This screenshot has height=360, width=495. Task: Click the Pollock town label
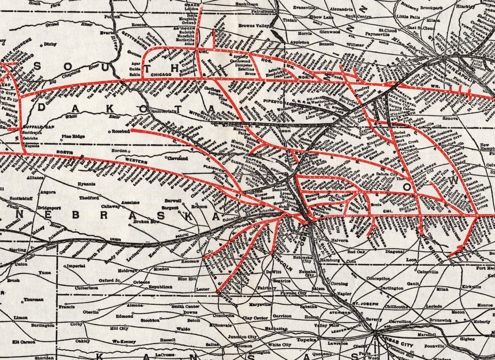coord(112,17)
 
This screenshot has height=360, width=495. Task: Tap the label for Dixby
coord(50,45)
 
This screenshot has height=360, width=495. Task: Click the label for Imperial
coord(75,266)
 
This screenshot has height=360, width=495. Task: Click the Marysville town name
coord(260,305)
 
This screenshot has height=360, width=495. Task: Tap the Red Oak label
coord(356,252)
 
